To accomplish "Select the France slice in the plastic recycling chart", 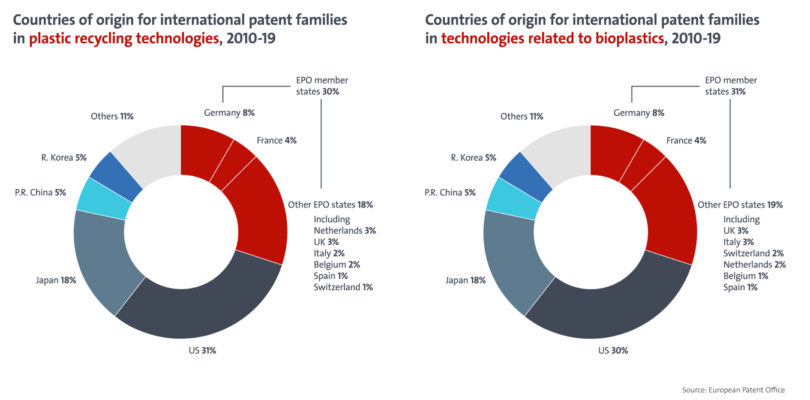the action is [231, 165].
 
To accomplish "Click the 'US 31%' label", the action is [202, 351].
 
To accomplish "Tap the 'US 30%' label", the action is [613, 351].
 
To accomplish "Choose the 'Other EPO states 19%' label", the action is [740, 205].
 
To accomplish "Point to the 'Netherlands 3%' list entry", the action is [345, 231].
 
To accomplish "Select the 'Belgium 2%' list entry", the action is [336, 265].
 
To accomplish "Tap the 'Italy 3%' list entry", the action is [738, 242].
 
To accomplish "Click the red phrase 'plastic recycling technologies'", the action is [124, 39].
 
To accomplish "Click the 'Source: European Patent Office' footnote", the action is [733, 390].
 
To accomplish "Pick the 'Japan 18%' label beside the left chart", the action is [56, 280].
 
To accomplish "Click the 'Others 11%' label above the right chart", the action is [522, 117].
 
